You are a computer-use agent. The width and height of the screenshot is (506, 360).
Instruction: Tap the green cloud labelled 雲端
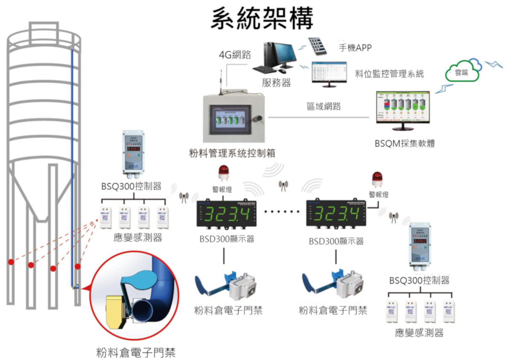tap(463, 72)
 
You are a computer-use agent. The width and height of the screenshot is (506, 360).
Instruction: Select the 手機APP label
tap(355, 48)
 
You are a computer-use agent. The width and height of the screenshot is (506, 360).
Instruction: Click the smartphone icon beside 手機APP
tap(318, 46)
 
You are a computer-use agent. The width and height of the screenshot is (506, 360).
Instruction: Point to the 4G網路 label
tap(235, 55)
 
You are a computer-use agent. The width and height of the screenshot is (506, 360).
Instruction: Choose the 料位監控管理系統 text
tap(389, 74)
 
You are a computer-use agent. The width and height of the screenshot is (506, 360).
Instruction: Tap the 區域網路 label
tap(323, 106)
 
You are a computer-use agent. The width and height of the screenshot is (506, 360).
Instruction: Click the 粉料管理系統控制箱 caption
tap(232, 153)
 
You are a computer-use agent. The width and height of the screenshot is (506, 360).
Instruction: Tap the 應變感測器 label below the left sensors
tap(138, 238)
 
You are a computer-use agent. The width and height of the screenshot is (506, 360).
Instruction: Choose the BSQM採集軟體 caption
tap(404, 143)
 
